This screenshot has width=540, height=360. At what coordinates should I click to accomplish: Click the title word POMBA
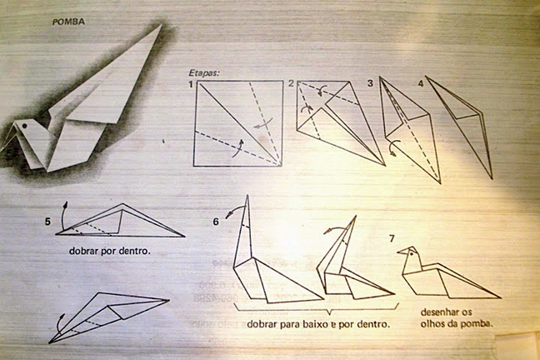[x=68, y=22]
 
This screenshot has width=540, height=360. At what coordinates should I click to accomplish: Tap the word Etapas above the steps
[x=204, y=73]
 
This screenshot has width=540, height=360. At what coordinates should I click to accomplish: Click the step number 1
[x=191, y=84]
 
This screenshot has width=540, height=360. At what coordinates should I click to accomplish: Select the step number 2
[x=292, y=83]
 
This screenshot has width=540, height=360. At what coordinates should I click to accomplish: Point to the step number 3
[x=370, y=83]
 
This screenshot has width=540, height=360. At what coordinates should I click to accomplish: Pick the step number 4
[x=421, y=83]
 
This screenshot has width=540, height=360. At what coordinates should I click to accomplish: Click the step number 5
[x=47, y=222]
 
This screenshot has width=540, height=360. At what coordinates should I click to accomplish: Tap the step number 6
[x=216, y=222]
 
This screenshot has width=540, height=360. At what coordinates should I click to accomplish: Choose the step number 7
[x=392, y=238]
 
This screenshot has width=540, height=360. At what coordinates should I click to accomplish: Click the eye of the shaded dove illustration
[x=25, y=126]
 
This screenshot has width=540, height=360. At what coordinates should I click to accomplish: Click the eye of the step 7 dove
[x=411, y=255]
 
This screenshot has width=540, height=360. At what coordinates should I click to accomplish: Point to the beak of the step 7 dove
[x=401, y=252]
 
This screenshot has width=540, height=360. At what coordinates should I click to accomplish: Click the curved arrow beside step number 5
[x=62, y=217]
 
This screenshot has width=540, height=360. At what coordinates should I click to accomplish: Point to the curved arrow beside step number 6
[x=235, y=212]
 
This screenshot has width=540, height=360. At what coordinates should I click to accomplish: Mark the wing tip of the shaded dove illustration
[x=161, y=25]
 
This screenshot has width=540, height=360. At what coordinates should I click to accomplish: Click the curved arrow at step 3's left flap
[x=393, y=147]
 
